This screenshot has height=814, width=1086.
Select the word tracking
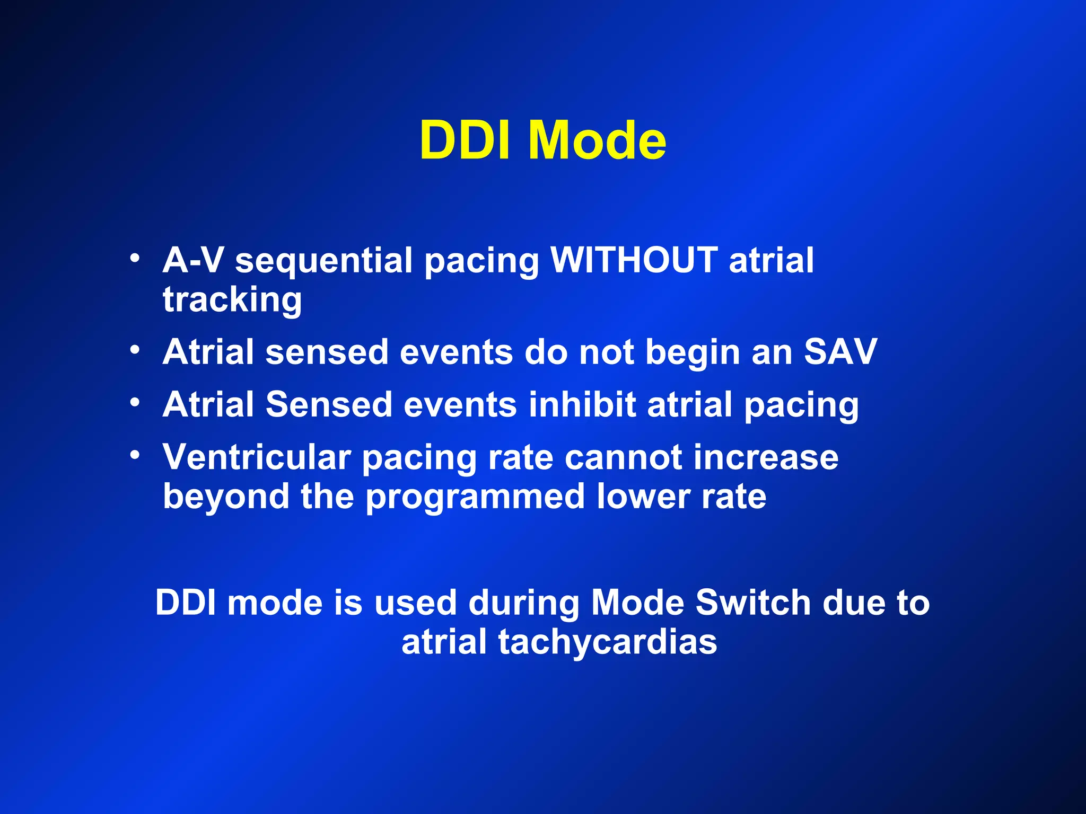[232, 300]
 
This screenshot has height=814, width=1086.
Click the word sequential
[323, 261]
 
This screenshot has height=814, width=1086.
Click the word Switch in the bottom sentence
[753, 603]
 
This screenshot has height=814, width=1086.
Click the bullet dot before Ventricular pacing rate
[135, 455]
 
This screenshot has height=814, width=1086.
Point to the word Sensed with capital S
[328, 404]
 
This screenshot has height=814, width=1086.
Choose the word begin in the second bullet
[692, 352]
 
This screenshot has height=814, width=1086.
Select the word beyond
[226, 497]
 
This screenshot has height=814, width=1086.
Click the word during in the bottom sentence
[523, 604]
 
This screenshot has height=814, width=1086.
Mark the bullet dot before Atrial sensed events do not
[135, 350]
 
